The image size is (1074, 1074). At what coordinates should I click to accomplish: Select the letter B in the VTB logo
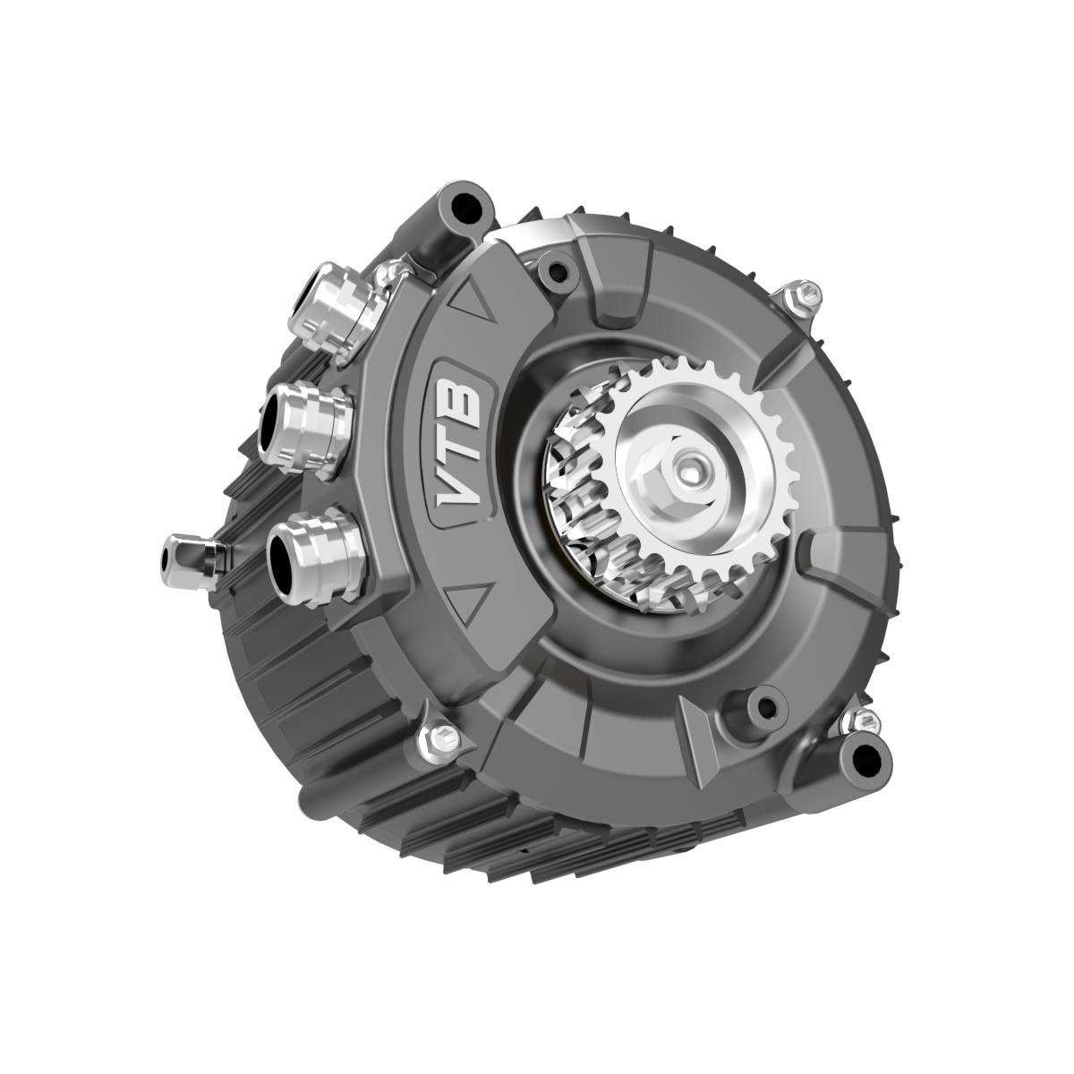point(462,397)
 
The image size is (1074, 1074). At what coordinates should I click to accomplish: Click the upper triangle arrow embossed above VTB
point(473,302)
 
